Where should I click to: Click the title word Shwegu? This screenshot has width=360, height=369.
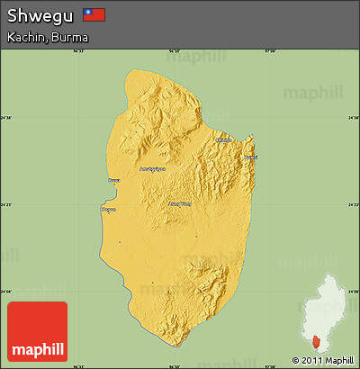(40, 15)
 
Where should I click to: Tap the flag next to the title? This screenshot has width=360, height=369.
(94, 14)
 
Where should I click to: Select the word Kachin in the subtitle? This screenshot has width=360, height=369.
(26, 37)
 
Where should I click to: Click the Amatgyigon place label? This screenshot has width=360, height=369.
(152, 168)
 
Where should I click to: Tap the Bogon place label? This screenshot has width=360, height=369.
(108, 209)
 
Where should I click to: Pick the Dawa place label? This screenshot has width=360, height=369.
(113, 181)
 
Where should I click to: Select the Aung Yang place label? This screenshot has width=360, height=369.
(180, 203)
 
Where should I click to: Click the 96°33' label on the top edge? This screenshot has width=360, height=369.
(91, 51)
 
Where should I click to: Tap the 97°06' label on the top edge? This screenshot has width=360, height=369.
(268, 51)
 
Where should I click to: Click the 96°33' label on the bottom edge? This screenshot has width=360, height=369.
(91, 365)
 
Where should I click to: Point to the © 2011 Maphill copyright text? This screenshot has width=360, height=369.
(323, 360)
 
